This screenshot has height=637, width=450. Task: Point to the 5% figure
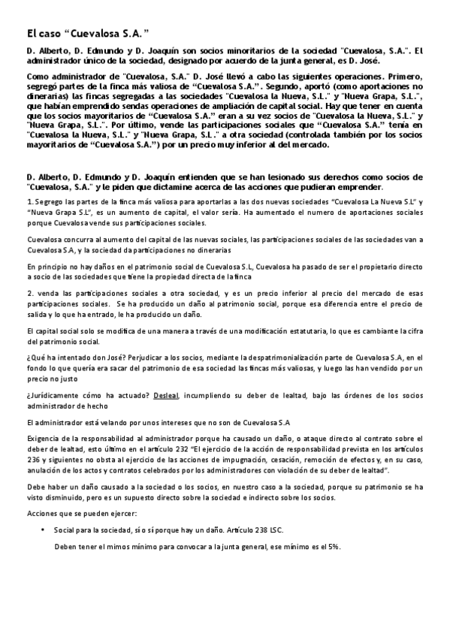click(334, 546)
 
